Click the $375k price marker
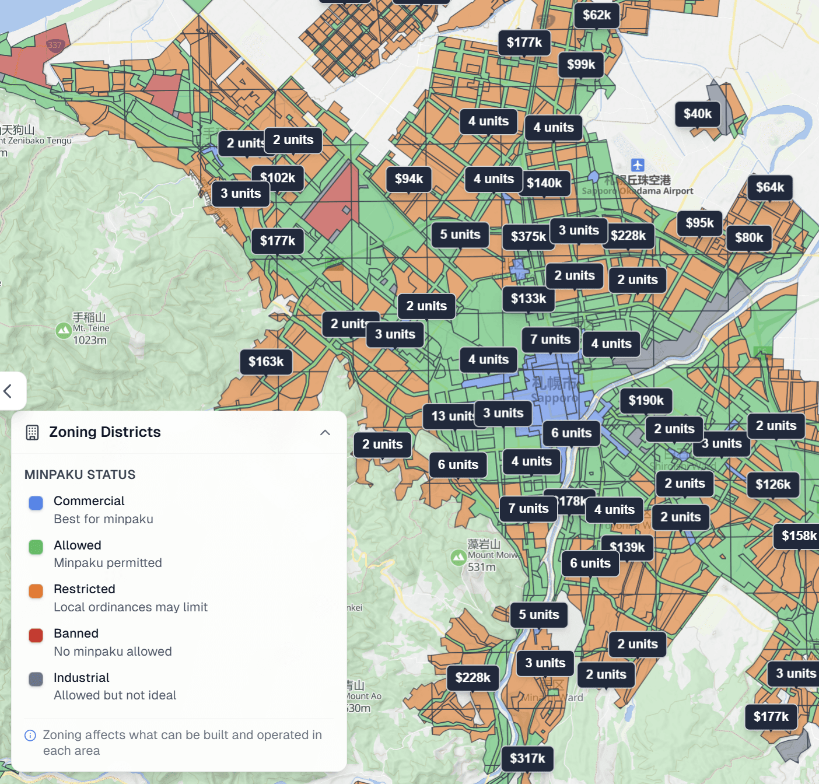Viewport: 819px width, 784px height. click(527, 236)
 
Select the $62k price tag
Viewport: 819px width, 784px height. click(596, 15)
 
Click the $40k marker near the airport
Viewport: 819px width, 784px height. click(697, 114)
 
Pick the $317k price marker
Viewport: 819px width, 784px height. click(527, 758)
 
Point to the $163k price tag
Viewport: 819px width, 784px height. click(266, 362)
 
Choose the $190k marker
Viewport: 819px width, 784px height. click(646, 401)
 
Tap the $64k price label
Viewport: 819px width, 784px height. click(769, 187)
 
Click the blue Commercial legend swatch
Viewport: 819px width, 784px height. click(36, 503)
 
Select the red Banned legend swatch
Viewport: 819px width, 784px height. click(36, 635)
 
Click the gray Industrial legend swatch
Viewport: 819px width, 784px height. click(36, 679)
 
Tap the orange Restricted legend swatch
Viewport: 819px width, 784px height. click(36, 591)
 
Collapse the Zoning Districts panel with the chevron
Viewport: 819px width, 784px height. click(325, 432)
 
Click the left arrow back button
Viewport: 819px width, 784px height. click(8, 391)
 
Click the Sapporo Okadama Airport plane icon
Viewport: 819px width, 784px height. click(638, 165)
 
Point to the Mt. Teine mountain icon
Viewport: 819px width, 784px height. click(63, 331)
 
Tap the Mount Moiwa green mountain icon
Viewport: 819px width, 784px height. click(459, 558)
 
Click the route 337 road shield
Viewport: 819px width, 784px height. click(55, 45)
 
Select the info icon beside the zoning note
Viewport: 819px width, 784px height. click(30, 735)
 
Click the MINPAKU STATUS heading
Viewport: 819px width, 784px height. click(80, 475)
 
